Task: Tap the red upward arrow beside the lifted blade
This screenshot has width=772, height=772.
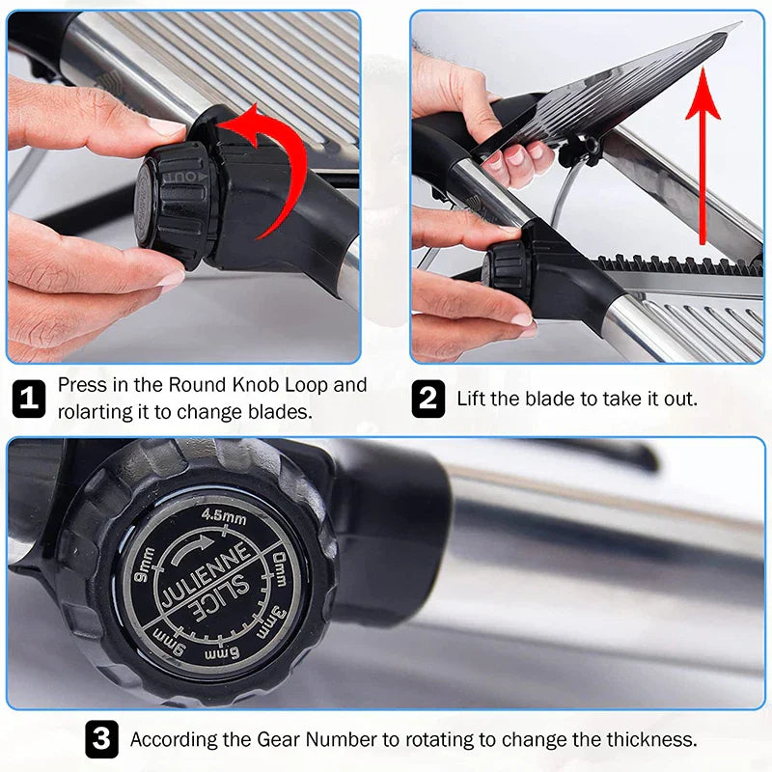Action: point(702,154)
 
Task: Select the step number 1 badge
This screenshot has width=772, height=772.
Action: point(28,399)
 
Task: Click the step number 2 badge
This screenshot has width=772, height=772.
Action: point(427,399)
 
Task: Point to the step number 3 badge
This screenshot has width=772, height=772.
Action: point(101,740)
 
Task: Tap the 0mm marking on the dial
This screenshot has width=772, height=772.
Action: point(281,559)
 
